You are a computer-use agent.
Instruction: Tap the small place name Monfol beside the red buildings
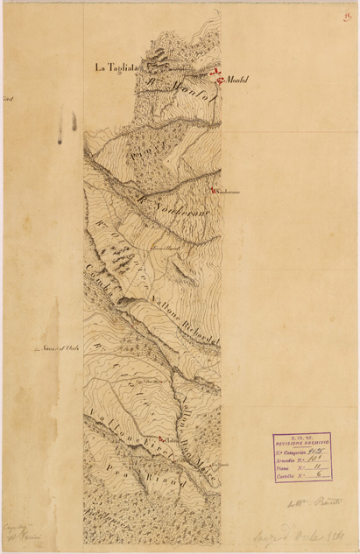(237, 81)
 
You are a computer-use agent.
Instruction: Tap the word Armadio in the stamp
(288, 459)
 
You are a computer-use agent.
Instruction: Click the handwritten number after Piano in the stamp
(318, 468)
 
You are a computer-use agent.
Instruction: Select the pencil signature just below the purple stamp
(302, 502)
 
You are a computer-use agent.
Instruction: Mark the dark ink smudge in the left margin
(61, 127)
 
